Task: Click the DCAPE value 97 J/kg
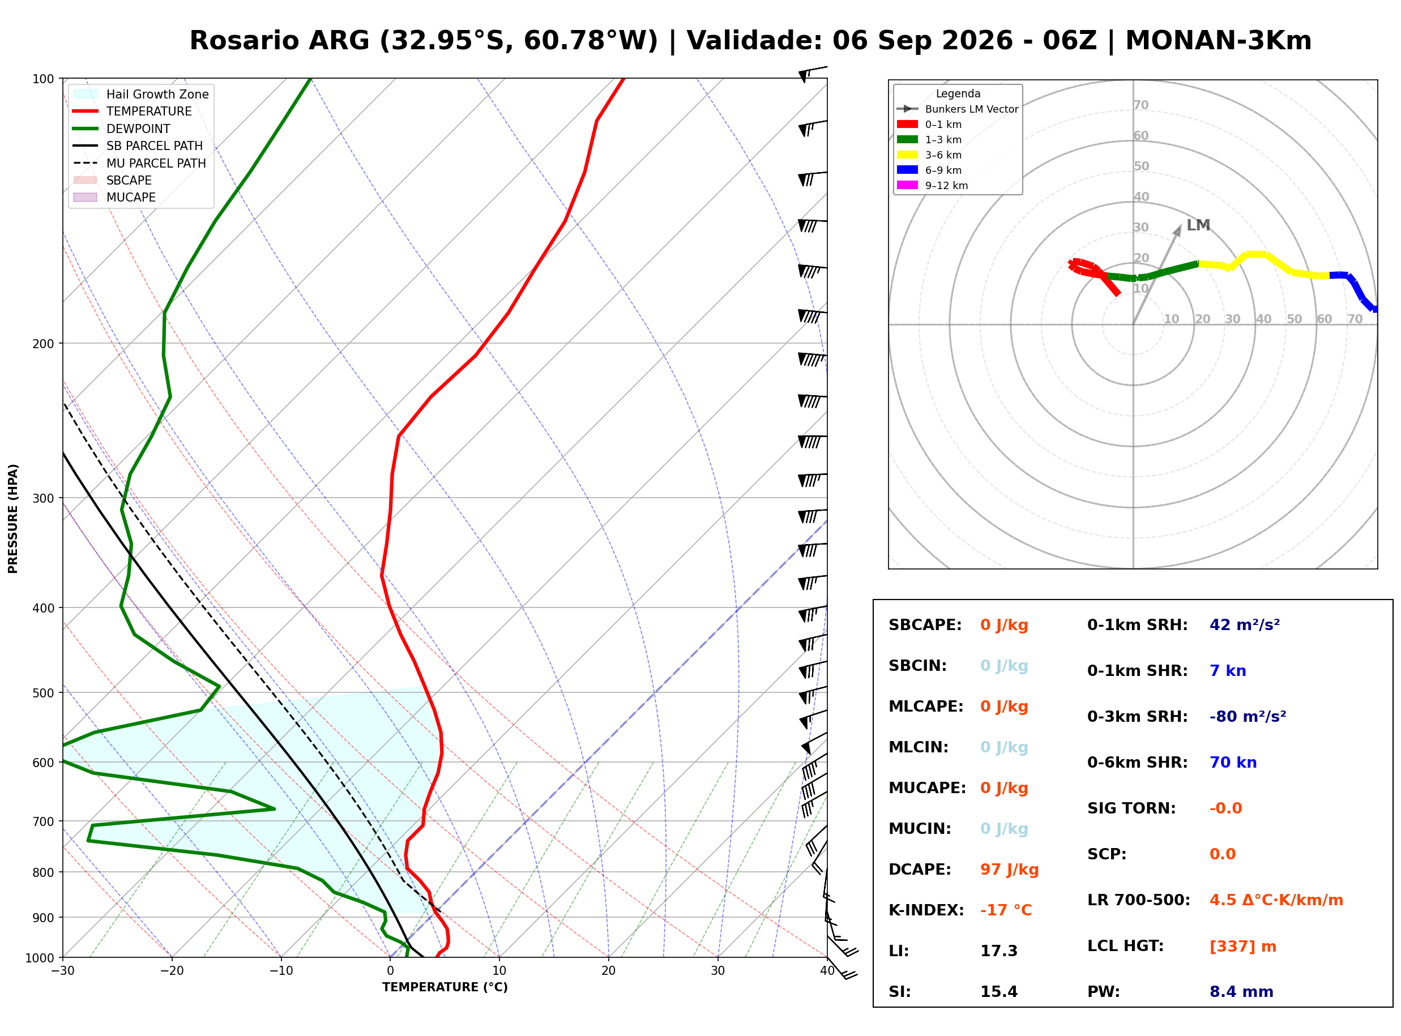tap(1010, 870)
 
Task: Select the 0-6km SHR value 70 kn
tap(1233, 763)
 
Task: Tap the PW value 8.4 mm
tap(1241, 992)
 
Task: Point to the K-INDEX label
tap(926, 910)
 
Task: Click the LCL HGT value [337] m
tap(1243, 947)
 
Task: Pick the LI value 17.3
tap(999, 951)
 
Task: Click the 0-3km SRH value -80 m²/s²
tap(1248, 717)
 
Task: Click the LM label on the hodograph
tap(1198, 225)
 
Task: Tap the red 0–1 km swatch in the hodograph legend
tap(907, 124)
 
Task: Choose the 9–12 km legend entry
tap(932, 186)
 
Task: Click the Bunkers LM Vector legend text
tap(971, 109)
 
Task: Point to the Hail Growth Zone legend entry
tap(141, 94)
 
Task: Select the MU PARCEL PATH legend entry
tap(140, 163)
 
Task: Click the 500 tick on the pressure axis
tap(42, 693)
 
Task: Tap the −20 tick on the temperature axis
tap(171, 971)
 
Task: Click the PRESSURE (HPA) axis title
tap(13, 518)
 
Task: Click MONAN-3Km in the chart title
tap(1219, 41)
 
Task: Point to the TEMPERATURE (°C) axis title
tap(445, 987)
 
